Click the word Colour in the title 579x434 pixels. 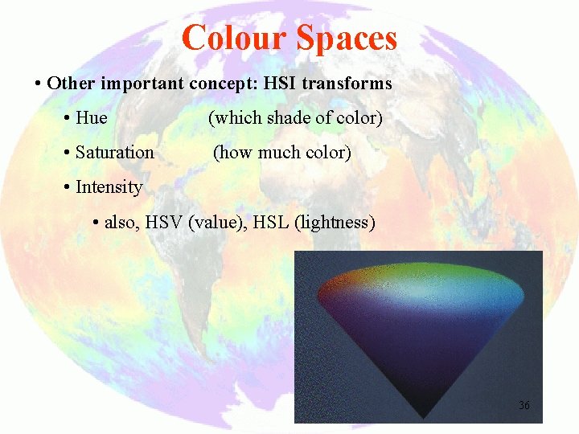(x=234, y=38)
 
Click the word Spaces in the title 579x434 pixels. (x=347, y=38)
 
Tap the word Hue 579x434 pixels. (x=91, y=118)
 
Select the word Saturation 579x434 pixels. (x=114, y=153)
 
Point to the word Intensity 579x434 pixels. (x=109, y=187)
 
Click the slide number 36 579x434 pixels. (x=524, y=405)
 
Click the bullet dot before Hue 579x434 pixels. (x=66, y=119)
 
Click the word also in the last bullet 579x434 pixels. (x=121, y=223)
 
